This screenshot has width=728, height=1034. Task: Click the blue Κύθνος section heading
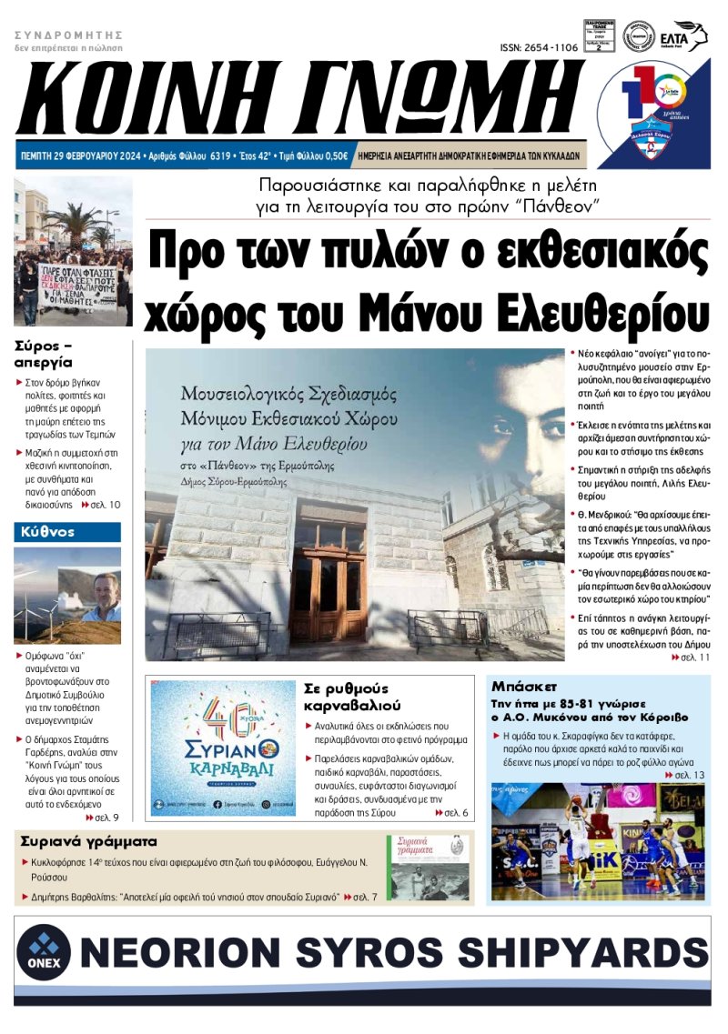45,531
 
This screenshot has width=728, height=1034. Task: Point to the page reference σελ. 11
693,656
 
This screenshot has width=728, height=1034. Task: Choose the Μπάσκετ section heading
523,686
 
